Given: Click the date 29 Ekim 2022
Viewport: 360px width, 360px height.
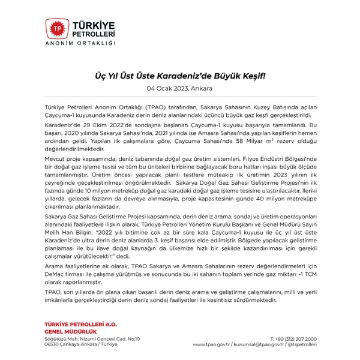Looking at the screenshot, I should click(94, 118).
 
